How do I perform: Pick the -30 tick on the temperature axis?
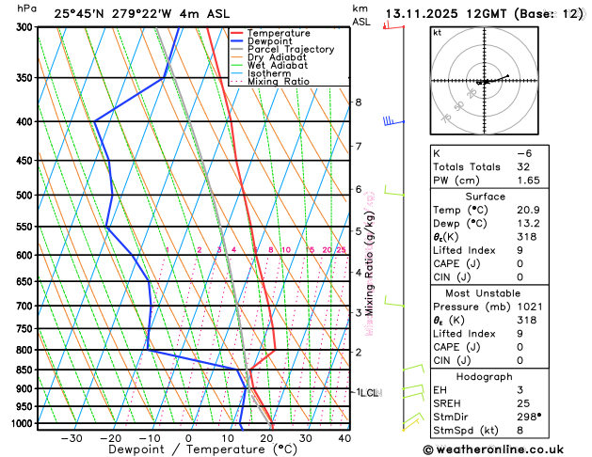tap(71, 438)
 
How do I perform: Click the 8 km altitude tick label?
tap(358, 102)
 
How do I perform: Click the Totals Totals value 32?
tap(523, 165)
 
